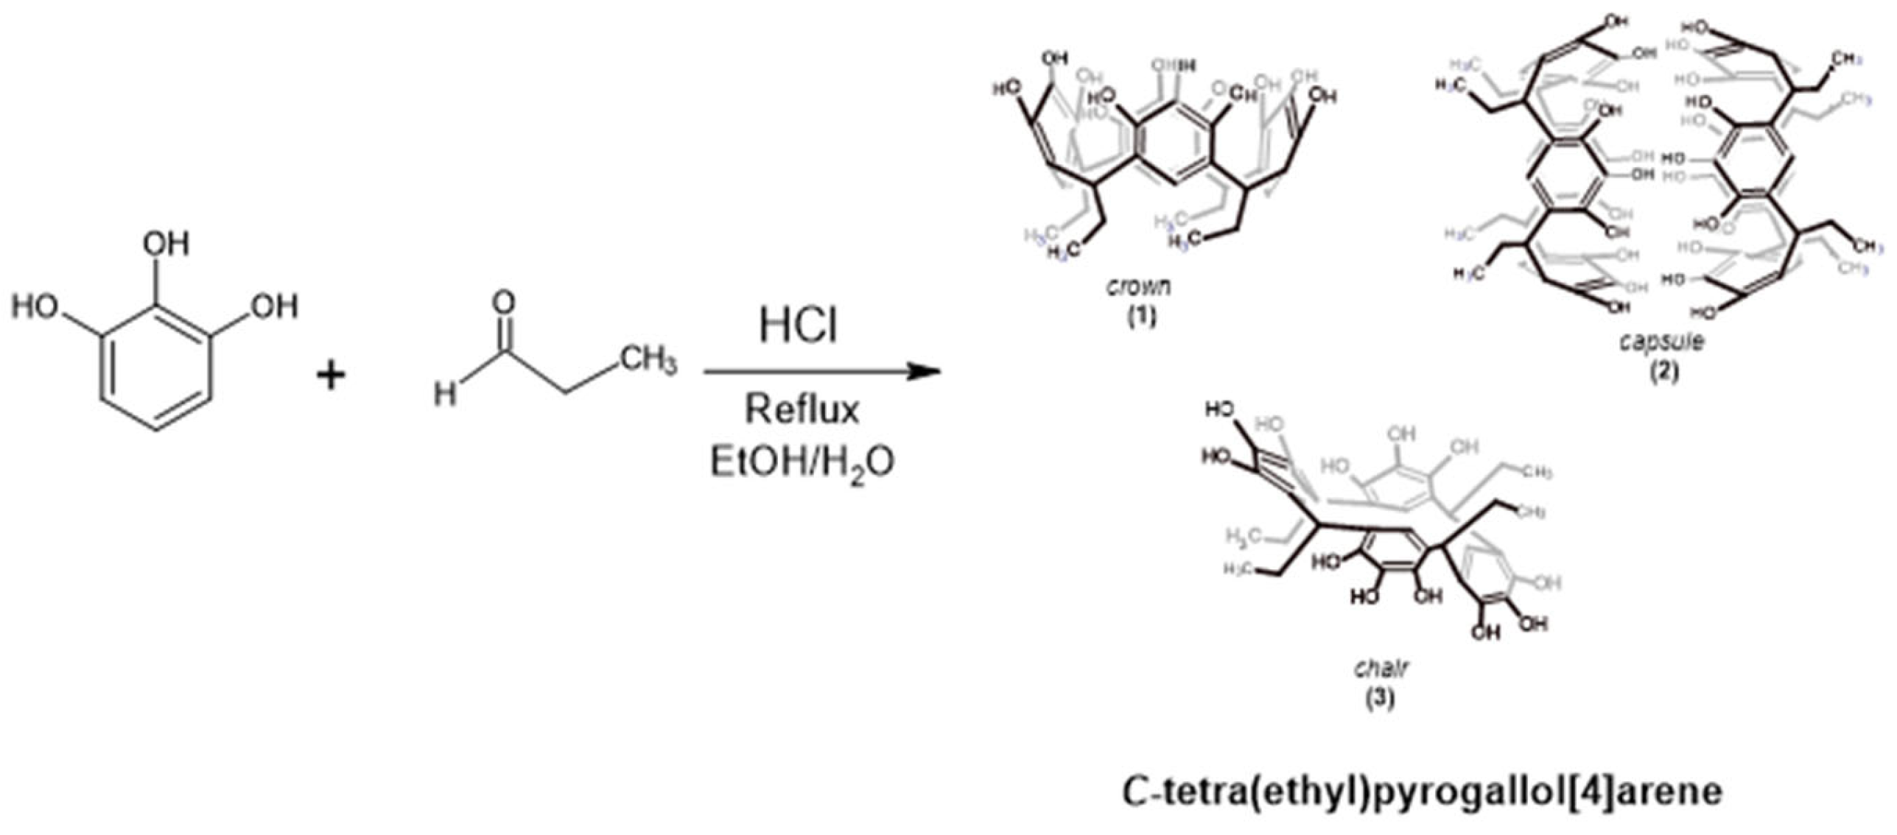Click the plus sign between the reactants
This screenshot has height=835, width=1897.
(x=331, y=376)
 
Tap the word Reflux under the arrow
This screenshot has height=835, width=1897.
(x=802, y=410)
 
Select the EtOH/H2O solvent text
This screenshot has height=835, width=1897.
(x=802, y=463)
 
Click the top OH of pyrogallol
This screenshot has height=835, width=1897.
(x=166, y=244)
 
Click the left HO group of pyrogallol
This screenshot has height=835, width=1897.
(x=36, y=306)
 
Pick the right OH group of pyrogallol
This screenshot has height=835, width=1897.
(x=274, y=306)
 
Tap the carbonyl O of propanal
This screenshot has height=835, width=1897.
(x=504, y=302)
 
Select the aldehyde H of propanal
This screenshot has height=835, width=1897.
(x=444, y=395)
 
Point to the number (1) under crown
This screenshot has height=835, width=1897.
(x=1141, y=317)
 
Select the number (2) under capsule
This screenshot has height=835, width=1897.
(x=1664, y=371)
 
